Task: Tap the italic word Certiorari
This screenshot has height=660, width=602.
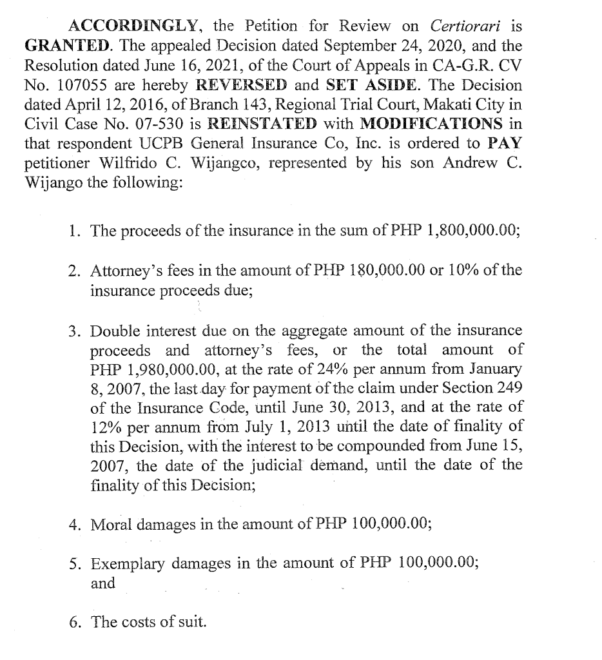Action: [467, 26]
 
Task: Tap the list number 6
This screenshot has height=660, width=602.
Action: [75, 622]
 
